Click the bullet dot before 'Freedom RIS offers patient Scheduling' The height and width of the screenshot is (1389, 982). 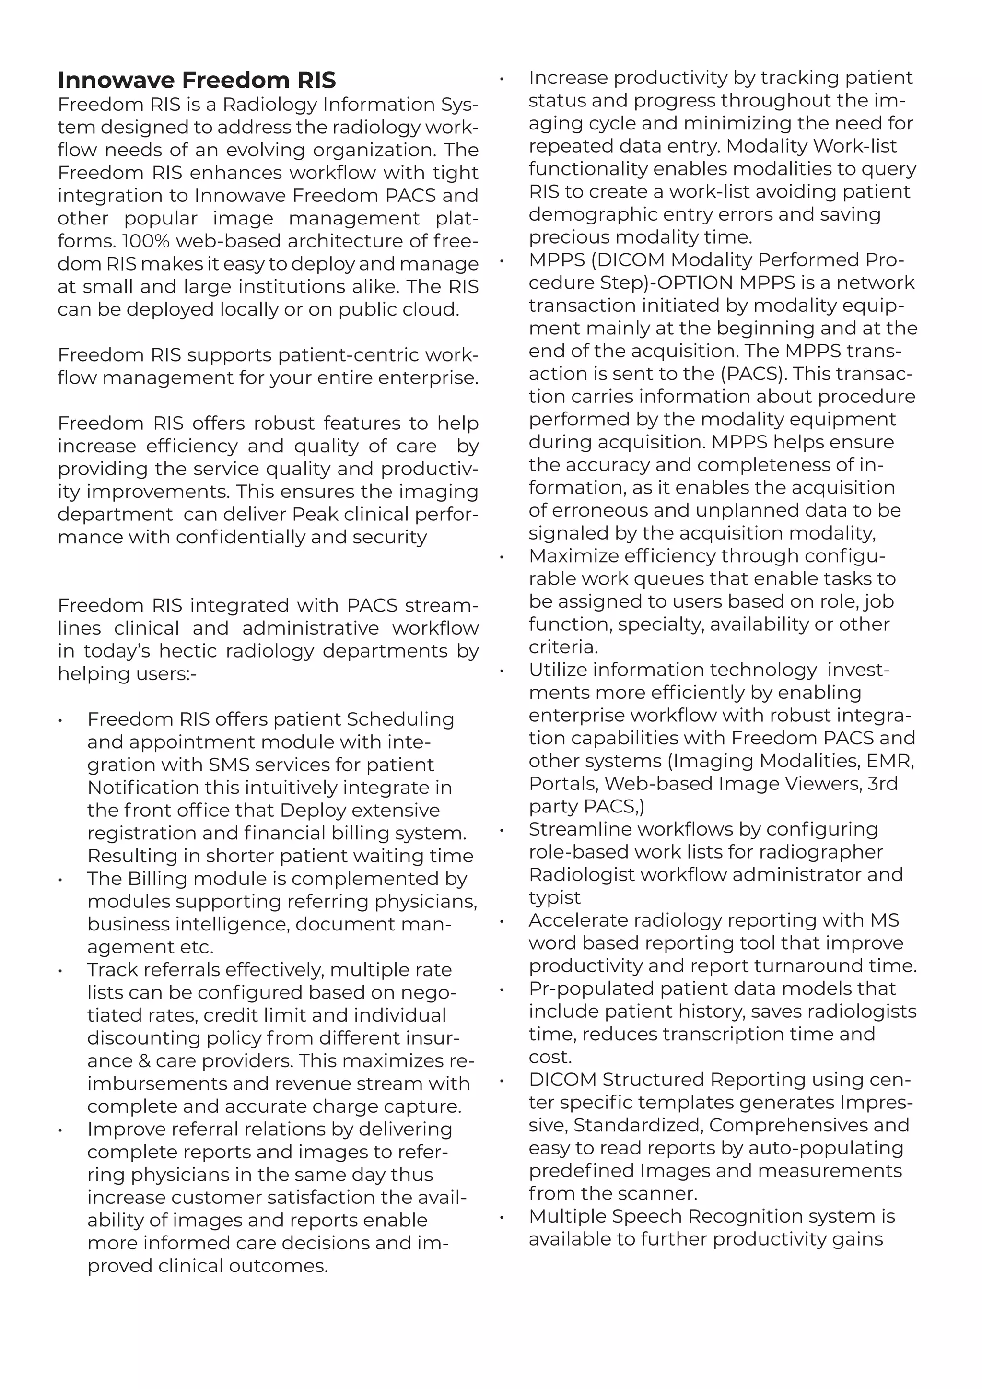[60, 720]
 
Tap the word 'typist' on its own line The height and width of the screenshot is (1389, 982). [554, 897]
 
